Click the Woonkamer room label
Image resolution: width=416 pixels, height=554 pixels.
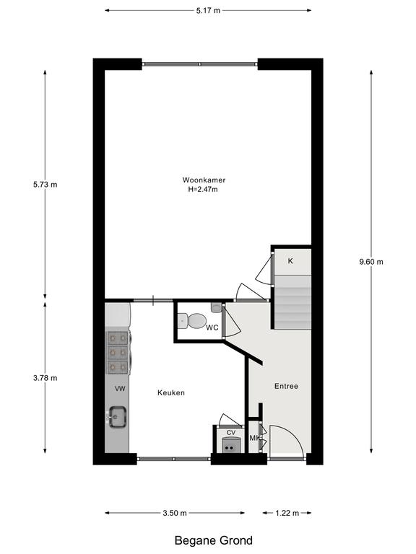click(x=204, y=180)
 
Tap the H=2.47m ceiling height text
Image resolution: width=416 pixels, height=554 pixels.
click(x=203, y=189)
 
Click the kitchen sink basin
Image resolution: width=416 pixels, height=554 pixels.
click(x=118, y=417)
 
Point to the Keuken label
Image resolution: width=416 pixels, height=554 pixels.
click(x=171, y=392)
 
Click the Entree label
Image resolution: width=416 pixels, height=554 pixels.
click(x=286, y=386)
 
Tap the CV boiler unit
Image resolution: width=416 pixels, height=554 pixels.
click(x=232, y=445)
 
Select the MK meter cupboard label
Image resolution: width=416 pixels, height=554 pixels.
click(x=255, y=438)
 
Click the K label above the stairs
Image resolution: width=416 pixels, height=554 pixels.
click(x=290, y=261)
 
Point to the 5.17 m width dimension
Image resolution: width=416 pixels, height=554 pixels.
click(x=208, y=11)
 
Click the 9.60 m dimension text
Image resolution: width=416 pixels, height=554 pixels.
click(x=371, y=262)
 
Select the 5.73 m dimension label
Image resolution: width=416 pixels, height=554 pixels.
click(x=45, y=185)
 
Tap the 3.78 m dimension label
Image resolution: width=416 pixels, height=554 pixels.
click(x=45, y=378)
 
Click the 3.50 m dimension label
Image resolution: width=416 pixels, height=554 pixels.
click(x=175, y=513)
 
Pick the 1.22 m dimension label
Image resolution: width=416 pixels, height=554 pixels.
click(x=287, y=513)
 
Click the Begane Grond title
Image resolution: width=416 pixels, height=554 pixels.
click(x=214, y=540)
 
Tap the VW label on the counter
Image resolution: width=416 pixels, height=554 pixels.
click(x=121, y=389)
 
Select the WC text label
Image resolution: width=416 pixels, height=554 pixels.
click(x=212, y=327)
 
